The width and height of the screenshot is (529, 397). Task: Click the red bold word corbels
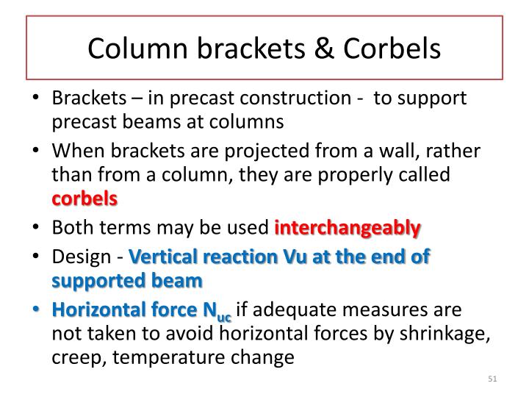click(84, 198)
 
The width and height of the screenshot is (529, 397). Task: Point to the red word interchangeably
click(348, 228)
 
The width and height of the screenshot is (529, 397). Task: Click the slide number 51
click(492, 379)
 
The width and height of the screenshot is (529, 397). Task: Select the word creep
click(73, 359)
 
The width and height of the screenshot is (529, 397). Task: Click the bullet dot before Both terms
click(39, 228)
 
